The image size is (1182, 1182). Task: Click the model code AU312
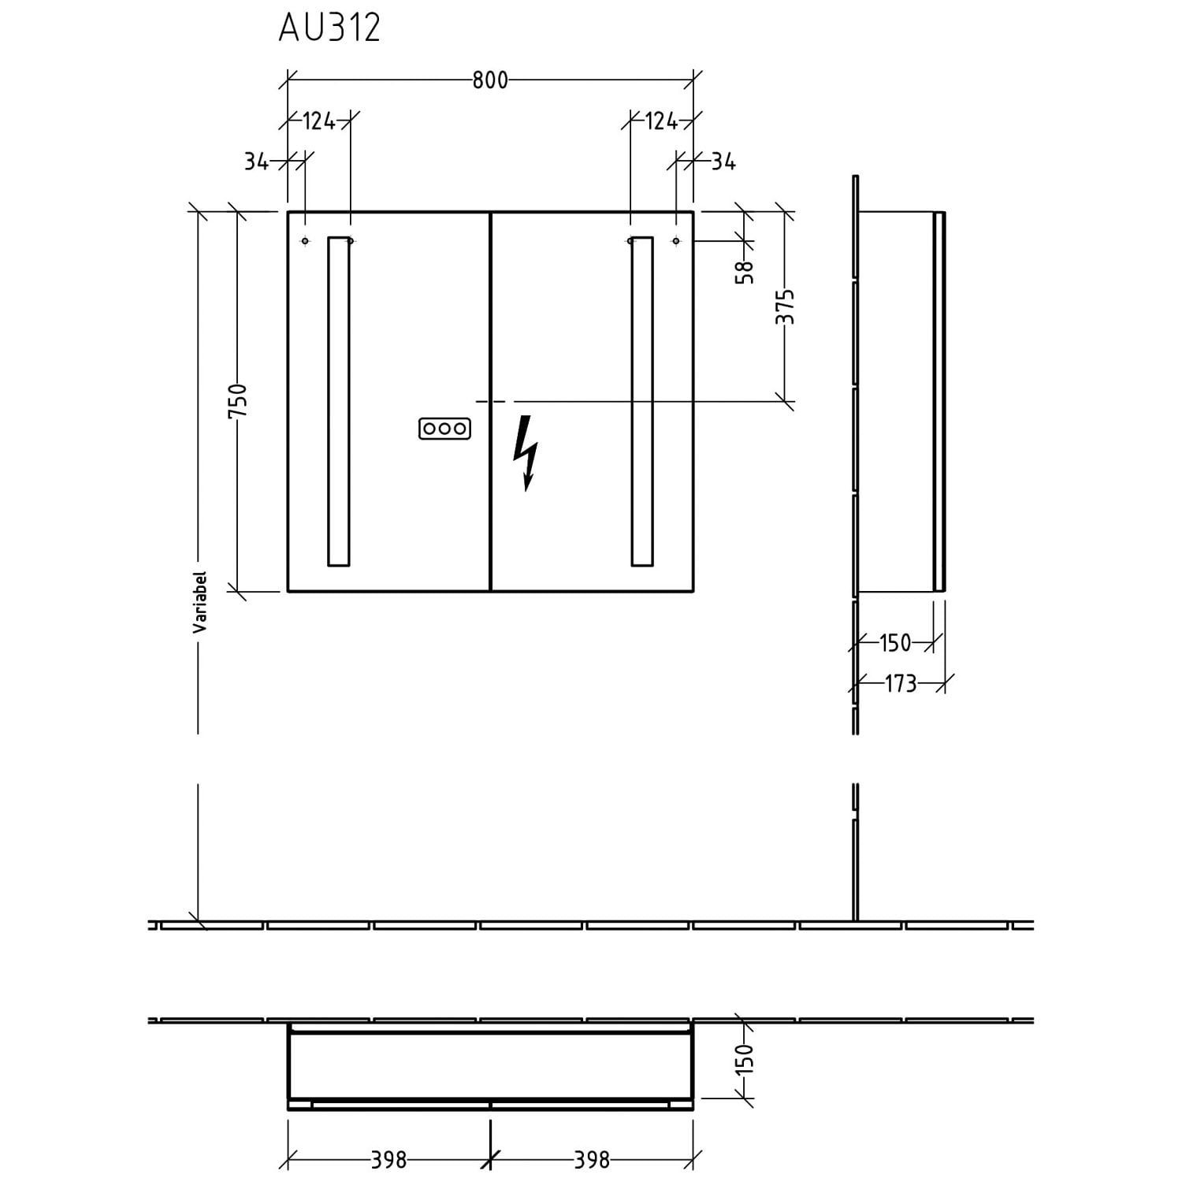[329, 28]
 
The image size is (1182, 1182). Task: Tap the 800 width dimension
[490, 80]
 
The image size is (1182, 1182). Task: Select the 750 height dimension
[238, 401]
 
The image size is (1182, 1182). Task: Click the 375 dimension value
[786, 307]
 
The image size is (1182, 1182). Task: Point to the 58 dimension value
[745, 272]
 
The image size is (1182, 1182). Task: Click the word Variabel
[200, 602]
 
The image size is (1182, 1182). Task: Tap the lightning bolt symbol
[526, 453]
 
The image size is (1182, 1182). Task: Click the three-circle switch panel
[445, 429]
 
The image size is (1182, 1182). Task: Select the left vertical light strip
[338, 401]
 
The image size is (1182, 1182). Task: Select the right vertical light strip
[642, 401]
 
